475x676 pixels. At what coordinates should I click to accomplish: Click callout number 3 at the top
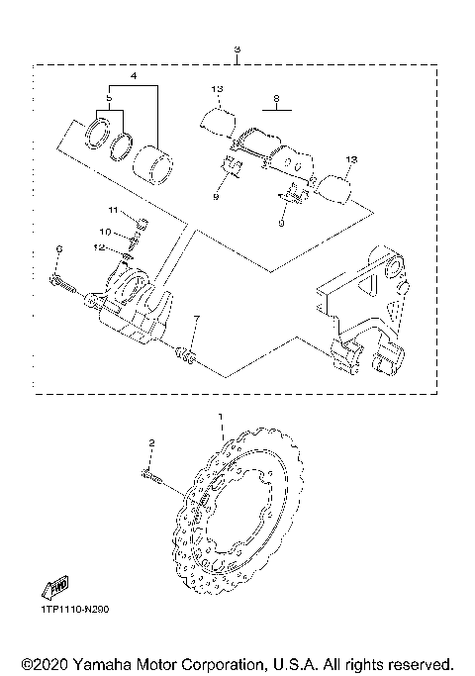point(236,49)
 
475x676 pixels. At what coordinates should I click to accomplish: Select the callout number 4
point(134,75)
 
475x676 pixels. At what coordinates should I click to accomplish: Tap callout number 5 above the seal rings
point(109,99)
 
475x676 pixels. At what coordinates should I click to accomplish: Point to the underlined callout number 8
point(277,99)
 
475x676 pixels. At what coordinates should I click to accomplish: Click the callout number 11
point(114,211)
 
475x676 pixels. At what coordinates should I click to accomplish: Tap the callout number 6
point(59,248)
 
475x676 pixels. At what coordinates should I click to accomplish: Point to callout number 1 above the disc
point(221,419)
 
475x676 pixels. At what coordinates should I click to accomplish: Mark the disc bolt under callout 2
point(156,480)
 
